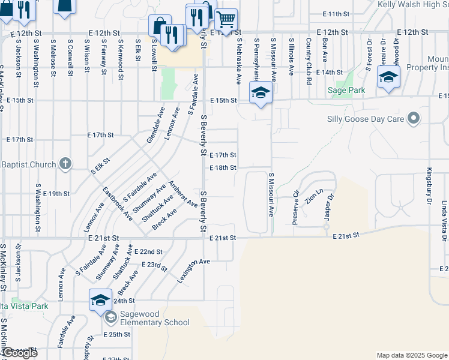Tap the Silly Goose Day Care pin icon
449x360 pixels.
[x=413, y=118]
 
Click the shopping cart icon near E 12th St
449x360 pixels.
[x=226, y=20]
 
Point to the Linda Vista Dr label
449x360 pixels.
[x=445, y=221]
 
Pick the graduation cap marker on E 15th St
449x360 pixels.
[x=261, y=93]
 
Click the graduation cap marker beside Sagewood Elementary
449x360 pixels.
[x=100, y=299]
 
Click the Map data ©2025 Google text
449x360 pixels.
[x=412, y=355]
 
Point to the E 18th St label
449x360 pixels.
[x=223, y=167]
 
